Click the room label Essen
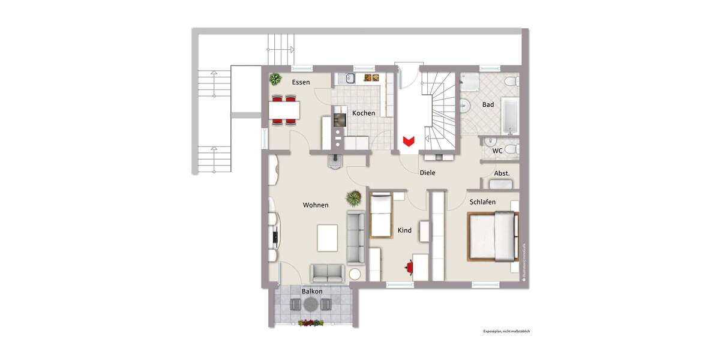pyautogui.click(x=301, y=82)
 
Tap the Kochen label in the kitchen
pyautogui.click(x=364, y=113)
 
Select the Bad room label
pyautogui.click(x=488, y=104)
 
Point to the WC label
pyautogui.click(x=497, y=151)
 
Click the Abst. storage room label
pyautogui.click(x=502, y=173)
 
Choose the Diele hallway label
pyautogui.click(x=427, y=173)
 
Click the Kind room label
pyautogui.click(x=404, y=230)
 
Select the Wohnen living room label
pyautogui.click(x=316, y=205)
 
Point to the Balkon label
pyautogui.click(x=312, y=292)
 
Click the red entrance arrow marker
pyautogui.click(x=409, y=141)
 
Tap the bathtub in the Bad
pyautogui.click(x=510, y=116)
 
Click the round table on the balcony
pyautogui.click(x=310, y=305)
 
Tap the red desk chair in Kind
pyautogui.click(x=410, y=265)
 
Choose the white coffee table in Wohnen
pyautogui.click(x=328, y=238)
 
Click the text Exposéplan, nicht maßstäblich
pyautogui.click(x=506, y=331)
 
